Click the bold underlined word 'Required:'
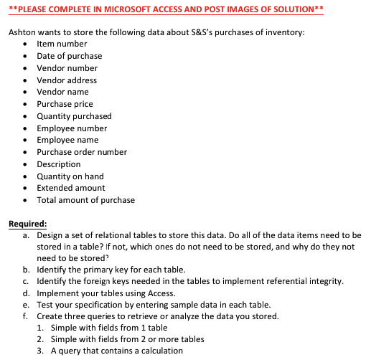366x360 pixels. coord(27,224)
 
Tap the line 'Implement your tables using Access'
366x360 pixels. coord(107,293)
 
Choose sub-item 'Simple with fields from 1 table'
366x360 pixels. coord(109,327)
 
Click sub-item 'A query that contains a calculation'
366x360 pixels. coord(116,351)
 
